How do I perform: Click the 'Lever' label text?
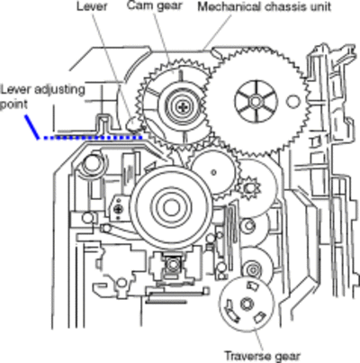[92, 6]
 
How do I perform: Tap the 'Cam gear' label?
[155, 5]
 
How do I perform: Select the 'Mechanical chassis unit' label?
[265, 6]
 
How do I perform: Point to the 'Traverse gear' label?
[262, 356]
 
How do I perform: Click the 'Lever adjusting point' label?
[42, 96]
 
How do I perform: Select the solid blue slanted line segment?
[32, 127]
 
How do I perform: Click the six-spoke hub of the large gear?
[256, 101]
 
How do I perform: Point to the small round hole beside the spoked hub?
[292, 101]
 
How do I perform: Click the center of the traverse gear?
[247, 304]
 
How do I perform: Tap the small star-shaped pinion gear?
[248, 188]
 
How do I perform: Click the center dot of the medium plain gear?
[213, 172]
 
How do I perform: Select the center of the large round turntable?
[171, 207]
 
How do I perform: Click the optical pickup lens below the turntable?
[172, 265]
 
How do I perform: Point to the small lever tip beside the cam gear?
[132, 123]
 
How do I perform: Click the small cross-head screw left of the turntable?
[120, 208]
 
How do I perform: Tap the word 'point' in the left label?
[13, 104]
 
